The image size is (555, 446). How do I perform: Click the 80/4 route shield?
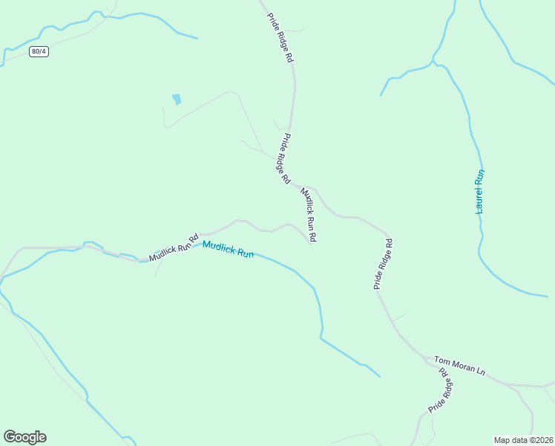[40, 51]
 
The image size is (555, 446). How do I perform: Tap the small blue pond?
[177, 99]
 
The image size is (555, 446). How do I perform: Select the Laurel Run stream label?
[480, 192]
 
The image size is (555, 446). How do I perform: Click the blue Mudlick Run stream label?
[228, 249]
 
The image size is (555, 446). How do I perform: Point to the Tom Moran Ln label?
[459, 364]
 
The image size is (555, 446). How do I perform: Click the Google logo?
[24, 437]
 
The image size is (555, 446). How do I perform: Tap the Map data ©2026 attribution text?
[524, 440]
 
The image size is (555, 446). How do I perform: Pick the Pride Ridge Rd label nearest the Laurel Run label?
[382, 264]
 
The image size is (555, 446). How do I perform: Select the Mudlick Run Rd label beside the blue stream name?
[174, 246]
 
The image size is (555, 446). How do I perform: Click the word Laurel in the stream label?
[479, 201]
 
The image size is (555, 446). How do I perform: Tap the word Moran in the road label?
[462, 364]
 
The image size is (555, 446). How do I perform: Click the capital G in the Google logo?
[10, 437]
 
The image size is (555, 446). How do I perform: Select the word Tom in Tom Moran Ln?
[441, 359]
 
